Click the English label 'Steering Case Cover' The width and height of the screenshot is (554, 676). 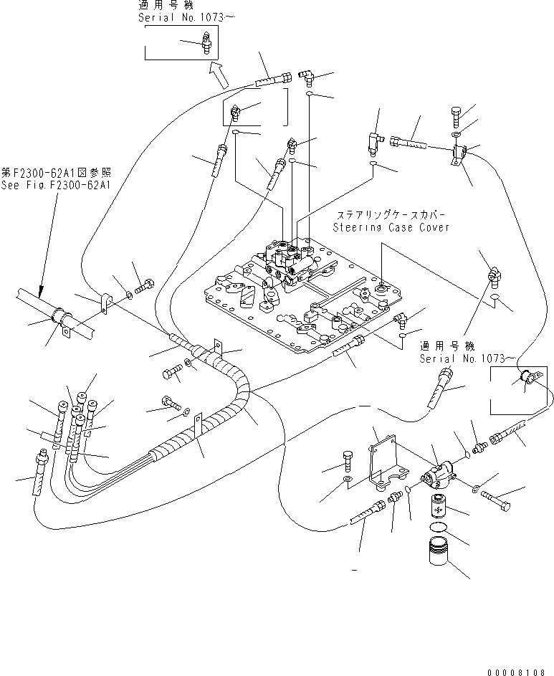pos(391,227)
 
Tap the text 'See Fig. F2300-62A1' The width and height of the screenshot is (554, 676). pos(56,185)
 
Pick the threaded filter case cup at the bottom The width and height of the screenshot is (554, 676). pos(440,551)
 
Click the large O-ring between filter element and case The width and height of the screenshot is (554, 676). pos(439,528)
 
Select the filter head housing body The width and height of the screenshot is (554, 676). pos(437,475)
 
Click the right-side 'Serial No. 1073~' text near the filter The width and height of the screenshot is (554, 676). pos(467,358)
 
